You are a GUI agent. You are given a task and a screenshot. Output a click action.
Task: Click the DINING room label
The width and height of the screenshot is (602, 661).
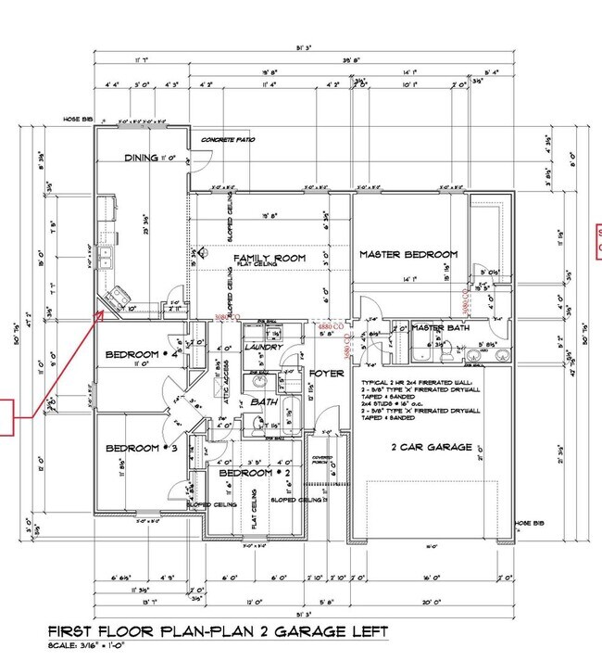tap(142, 159)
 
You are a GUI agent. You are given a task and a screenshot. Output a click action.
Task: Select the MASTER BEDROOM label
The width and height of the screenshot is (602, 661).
tap(408, 254)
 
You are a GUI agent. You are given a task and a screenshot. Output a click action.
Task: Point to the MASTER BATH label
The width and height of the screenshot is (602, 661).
tap(441, 327)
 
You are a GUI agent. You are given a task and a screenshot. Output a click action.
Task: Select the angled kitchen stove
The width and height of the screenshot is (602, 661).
tap(118, 299)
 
